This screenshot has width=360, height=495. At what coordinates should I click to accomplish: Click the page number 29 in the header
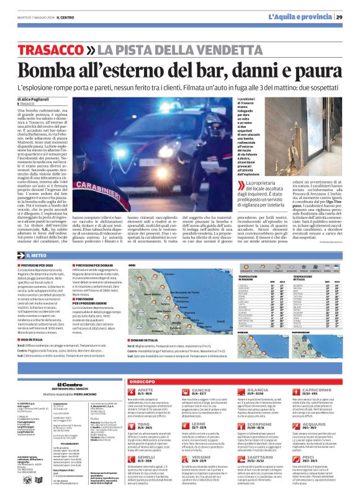[x=348, y=17]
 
